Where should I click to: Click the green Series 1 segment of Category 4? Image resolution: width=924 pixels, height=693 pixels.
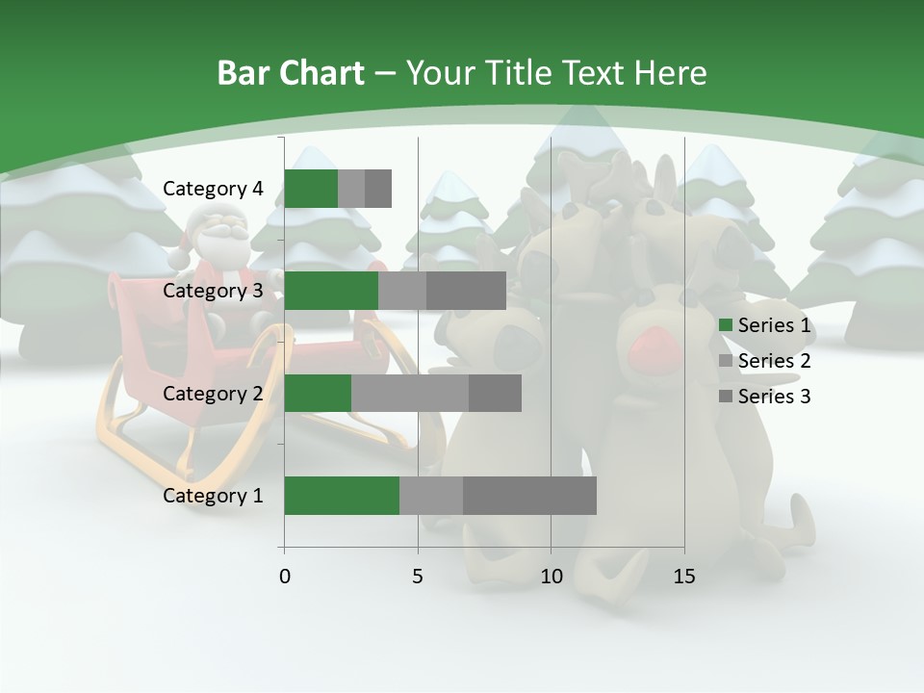[311, 189]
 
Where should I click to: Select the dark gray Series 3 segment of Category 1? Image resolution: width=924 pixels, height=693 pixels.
[529, 496]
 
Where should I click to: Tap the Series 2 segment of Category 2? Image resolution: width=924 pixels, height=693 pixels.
[410, 393]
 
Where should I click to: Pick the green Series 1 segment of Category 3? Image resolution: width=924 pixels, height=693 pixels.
[331, 291]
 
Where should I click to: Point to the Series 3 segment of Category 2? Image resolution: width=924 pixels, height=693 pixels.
[495, 393]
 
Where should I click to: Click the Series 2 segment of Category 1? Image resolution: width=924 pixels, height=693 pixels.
[431, 496]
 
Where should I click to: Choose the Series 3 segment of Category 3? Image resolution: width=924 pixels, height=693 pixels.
[466, 291]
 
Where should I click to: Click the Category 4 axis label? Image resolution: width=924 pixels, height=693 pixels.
[213, 189]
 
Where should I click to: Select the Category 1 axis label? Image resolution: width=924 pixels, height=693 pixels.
[213, 496]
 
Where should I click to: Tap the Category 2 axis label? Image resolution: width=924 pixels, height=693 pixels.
[213, 394]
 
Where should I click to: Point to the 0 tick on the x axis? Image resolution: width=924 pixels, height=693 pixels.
[285, 577]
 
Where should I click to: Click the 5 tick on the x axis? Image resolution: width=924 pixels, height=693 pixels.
[418, 577]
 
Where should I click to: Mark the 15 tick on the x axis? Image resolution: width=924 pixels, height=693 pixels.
[683, 577]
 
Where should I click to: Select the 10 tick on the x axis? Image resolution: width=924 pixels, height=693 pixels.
[551, 577]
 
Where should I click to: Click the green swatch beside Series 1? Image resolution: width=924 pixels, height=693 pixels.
[725, 325]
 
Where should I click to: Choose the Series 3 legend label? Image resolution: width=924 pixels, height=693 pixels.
[774, 397]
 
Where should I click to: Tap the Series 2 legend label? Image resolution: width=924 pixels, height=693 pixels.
[774, 361]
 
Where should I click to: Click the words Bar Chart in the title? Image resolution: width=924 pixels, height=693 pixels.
[291, 72]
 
